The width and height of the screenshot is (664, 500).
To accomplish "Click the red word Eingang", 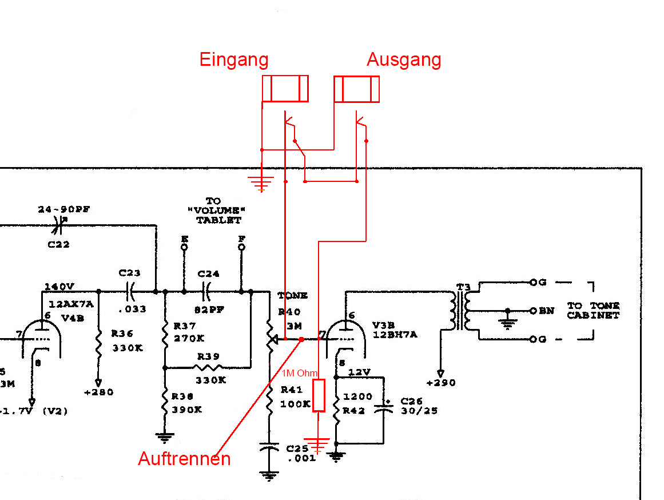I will tap(234, 59).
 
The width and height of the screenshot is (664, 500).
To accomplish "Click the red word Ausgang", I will tap(404, 59).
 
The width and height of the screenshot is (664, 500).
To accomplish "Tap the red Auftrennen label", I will tap(184, 459).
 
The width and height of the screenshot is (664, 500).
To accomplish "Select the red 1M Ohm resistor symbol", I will tap(319, 395).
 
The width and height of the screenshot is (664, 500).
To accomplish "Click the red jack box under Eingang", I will tap(285, 89).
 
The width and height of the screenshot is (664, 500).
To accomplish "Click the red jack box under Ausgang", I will tap(357, 89).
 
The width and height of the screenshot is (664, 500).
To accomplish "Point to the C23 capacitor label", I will tap(129, 273).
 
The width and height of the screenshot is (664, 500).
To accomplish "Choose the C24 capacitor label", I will tap(208, 274).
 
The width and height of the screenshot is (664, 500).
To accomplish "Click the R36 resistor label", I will tap(122, 332).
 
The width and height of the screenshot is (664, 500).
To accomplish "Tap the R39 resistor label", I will tap(208, 356).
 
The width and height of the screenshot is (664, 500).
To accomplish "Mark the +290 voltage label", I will tap(440, 383).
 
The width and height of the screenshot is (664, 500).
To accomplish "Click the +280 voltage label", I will tap(98, 392).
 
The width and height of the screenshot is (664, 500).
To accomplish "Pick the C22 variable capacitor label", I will tap(58, 244).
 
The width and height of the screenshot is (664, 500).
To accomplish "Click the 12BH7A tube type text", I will tap(395, 334).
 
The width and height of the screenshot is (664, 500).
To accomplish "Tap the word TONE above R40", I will tap(292, 296).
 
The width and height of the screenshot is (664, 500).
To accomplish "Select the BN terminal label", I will tap(546, 311).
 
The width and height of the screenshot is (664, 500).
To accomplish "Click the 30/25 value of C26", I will tap(419, 410).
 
